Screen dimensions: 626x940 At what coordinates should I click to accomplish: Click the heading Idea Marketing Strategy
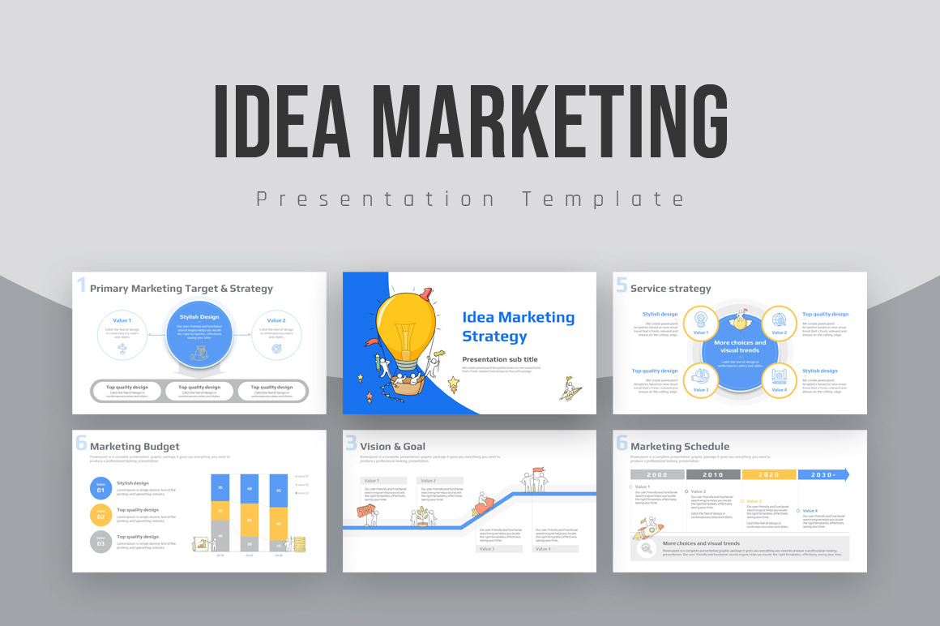(518, 327)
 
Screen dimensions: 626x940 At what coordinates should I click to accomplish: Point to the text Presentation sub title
(499, 359)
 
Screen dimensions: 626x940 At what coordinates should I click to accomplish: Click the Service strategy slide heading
(670, 289)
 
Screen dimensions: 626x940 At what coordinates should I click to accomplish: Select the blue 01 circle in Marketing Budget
(100, 488)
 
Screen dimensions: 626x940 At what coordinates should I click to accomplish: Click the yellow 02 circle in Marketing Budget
(100, 514)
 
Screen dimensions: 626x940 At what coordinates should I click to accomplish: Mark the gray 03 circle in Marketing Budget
(100, 542)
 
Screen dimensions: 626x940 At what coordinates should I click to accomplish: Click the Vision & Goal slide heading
(392, 446)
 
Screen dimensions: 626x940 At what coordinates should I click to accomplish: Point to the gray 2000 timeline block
(657, 474)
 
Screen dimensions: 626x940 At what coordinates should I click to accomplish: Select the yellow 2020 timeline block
(769, 474)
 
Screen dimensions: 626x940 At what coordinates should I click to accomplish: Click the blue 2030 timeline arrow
(823, 474)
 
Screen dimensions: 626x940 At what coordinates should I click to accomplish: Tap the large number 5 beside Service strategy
(622, 285)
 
